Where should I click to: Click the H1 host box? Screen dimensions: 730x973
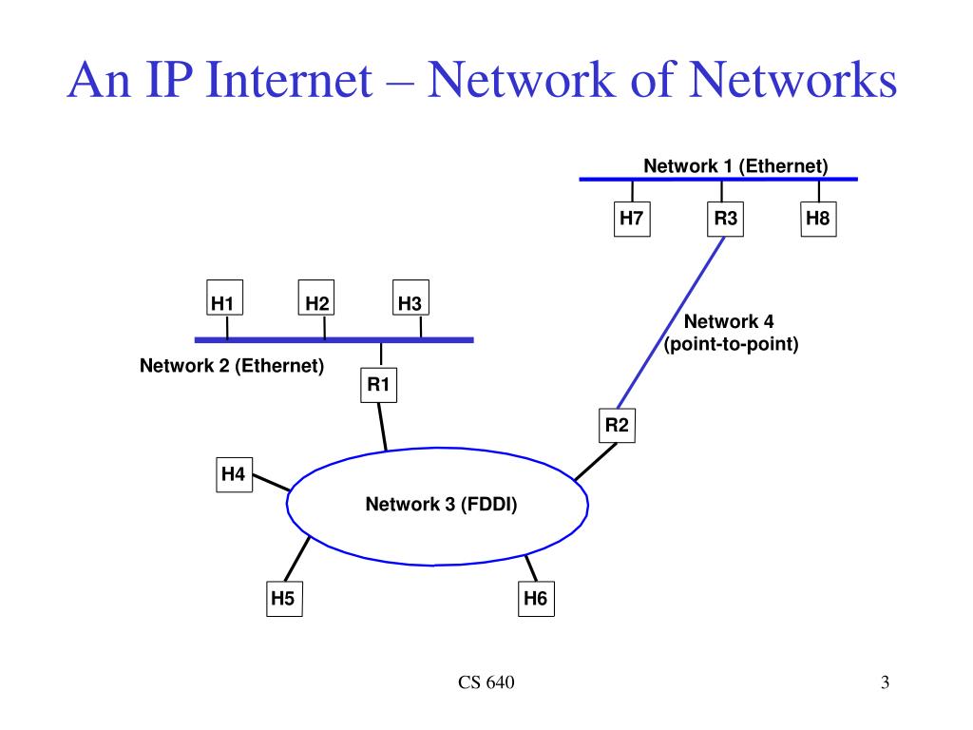(223, 301)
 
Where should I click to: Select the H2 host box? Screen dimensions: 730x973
(317, 301)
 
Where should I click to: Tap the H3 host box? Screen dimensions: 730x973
(410, 301)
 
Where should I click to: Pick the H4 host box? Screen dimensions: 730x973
(234, 473)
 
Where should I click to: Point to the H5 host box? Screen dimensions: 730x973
(283, 598)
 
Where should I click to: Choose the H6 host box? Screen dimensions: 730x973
(535, 598)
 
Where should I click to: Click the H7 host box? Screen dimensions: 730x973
(632, 220)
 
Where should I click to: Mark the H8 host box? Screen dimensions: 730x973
(818, 220)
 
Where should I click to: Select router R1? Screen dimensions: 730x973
(379, 385)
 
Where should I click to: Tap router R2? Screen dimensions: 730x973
(618, 425)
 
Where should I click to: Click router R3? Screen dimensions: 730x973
(726, 220)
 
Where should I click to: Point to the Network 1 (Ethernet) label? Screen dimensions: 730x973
(735, 166)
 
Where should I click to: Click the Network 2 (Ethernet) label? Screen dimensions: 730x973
(232, 365)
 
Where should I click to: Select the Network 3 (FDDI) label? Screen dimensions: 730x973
(441, 505)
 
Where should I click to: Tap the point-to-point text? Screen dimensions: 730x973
(731, 343)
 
